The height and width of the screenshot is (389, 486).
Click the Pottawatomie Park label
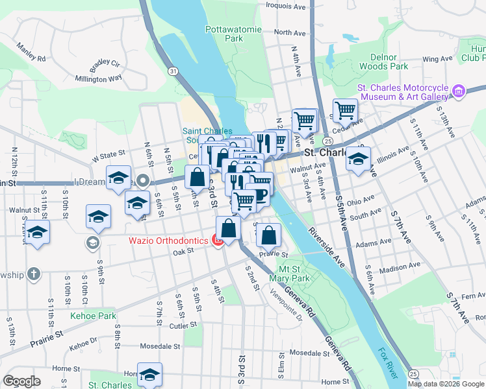click(224, 34)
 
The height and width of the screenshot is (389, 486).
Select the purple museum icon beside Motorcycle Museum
click(459, 91)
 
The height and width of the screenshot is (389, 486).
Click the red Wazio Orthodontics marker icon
click(218, 241)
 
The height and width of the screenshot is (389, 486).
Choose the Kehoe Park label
click(94, 316)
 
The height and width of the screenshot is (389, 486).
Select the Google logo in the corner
click(22, 381)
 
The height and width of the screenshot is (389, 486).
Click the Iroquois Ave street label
click(285, 6)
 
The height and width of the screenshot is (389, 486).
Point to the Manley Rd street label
click(31, 53)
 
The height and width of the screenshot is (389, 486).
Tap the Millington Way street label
click(98, 78)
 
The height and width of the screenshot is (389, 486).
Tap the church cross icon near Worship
click(34, 274)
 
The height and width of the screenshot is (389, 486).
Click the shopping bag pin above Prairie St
click(268, 236)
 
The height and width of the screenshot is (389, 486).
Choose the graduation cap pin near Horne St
click(149, 375)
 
